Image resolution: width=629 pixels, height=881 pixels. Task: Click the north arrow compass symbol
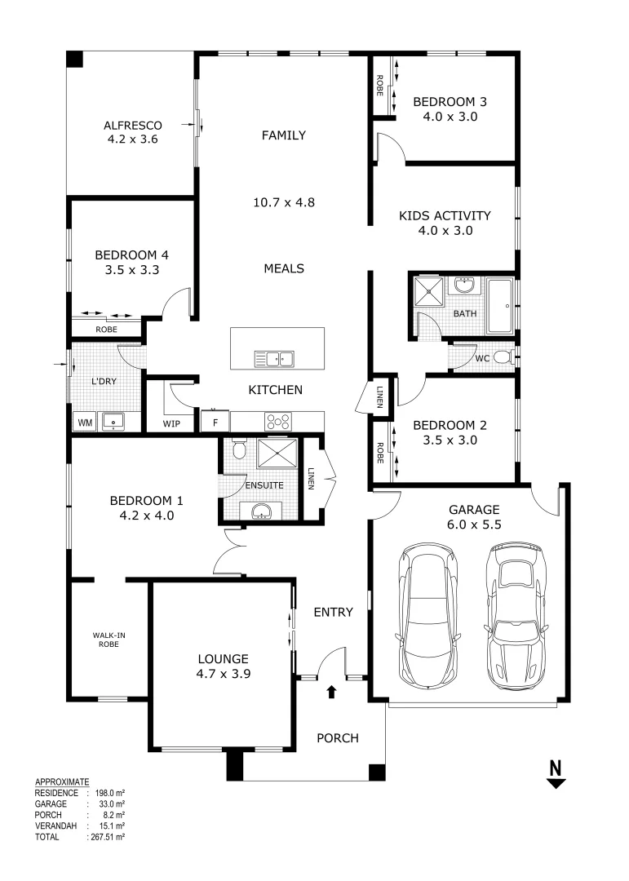[556, 773]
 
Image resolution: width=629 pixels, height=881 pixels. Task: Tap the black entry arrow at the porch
[331, 693]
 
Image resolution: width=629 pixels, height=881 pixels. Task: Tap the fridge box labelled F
[215, 422]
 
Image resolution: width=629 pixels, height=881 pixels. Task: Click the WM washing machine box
[83, 423]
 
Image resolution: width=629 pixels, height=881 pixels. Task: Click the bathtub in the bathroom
[500, 305]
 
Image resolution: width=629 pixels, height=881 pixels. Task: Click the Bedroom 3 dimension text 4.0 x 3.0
[450, 117]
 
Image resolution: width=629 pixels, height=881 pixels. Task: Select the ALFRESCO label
[132, 125]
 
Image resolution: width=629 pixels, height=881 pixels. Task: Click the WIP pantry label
[172, 424]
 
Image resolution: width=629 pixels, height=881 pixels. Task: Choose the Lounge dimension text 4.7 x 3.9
[223, 674]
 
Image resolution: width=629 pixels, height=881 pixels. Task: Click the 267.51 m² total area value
[107, 836]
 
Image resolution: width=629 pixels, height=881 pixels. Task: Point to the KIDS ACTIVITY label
[445, 216]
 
